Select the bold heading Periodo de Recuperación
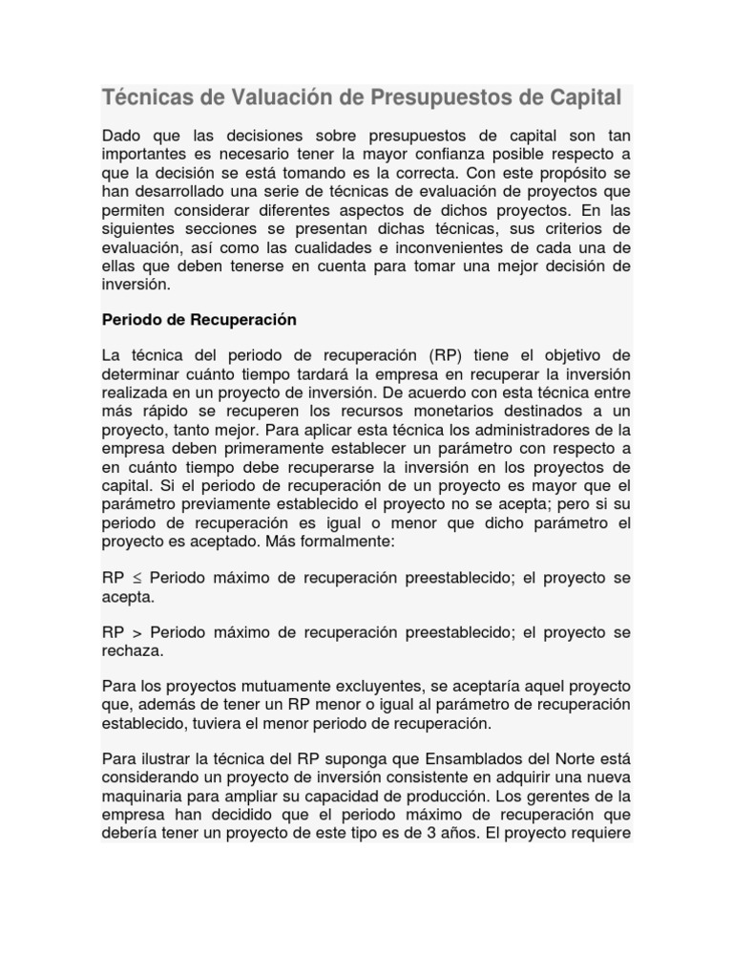(199, 319)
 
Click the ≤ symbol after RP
(137, 579)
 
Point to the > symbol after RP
(137, 633)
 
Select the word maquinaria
(141, 797)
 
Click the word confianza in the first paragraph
(452, 155)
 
